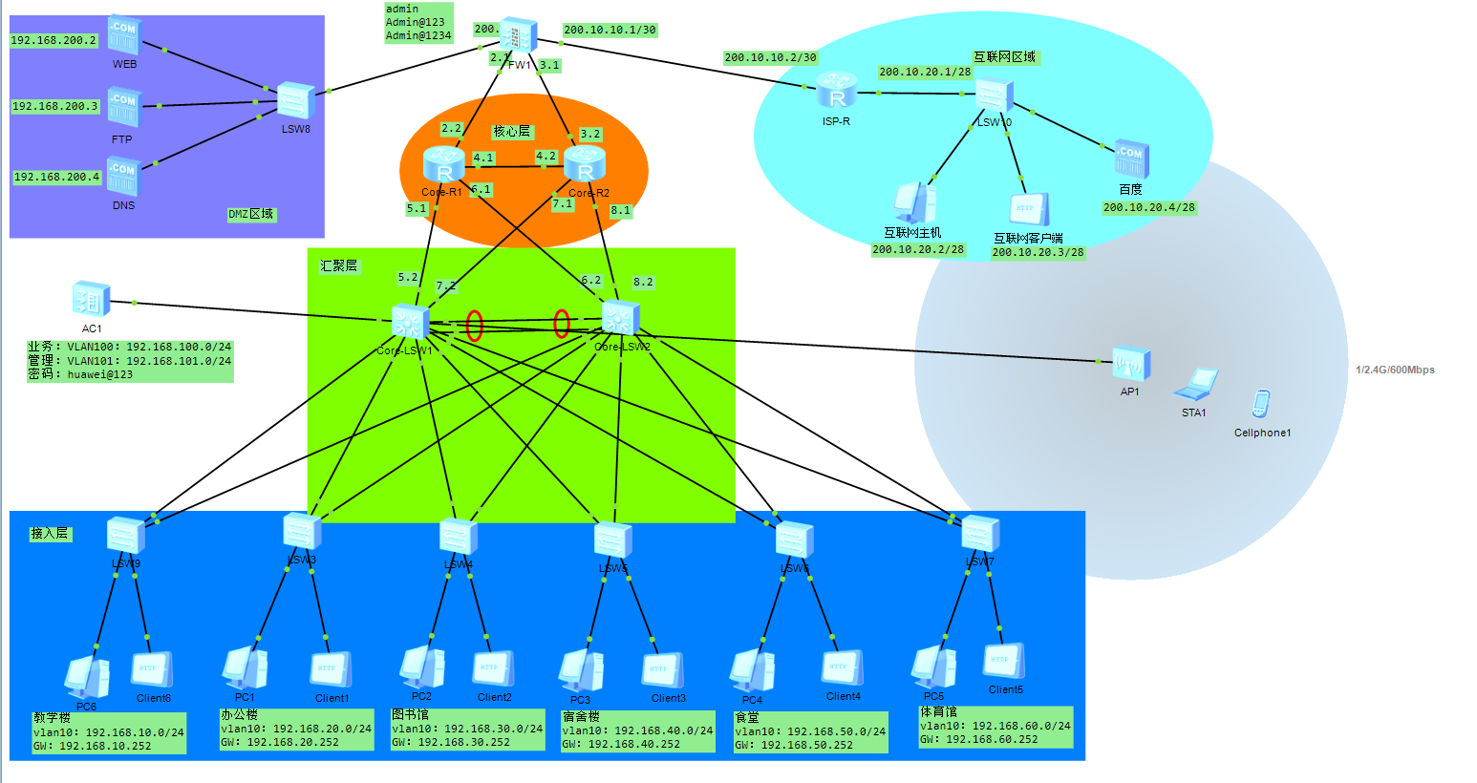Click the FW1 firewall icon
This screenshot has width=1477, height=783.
[x=517, y=36]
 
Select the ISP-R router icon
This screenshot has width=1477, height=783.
[x=837, y=92]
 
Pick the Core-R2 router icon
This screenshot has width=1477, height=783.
[x=585, y=164]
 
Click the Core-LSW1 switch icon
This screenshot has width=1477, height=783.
[x=410, y=321]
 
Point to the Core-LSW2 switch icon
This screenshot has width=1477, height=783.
[x=620, y=318]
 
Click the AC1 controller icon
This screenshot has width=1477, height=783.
[x=92, y=300]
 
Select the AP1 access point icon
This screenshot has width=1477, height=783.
[x=1130, y=364]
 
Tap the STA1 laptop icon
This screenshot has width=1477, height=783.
[x=1195, y=384]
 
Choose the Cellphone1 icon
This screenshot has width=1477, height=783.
[x=1261, y=404]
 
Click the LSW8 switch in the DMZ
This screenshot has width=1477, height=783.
[x=295, y=100]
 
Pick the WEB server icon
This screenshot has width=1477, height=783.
[x=124, y=35]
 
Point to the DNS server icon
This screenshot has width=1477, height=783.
[x=123, y=177]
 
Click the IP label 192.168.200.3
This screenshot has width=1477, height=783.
[x=55, y=106]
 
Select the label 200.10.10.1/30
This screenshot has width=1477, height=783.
[x=610, y=30]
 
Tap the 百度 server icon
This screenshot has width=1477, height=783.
[x=1131, y=159]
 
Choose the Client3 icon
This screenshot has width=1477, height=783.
[x=662, y=670]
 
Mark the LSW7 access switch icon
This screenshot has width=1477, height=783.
[x=980, y=534]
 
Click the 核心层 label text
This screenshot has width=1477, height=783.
[x=511, y=132]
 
